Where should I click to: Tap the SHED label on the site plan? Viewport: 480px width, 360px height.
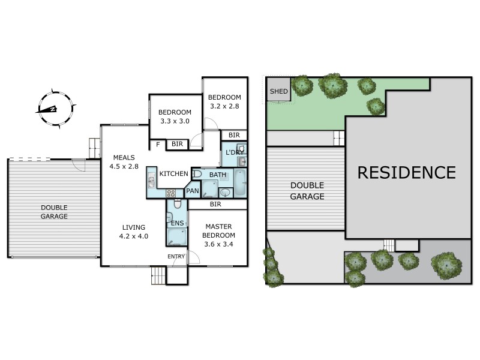tap(278, 92)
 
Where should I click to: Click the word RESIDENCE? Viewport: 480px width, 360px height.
tap(406, 173)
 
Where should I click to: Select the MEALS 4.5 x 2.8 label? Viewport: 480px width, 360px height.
tap(124, 162)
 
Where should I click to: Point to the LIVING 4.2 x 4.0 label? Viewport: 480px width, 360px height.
tap(134, 232)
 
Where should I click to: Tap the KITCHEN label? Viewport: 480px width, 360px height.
tap(173, 174)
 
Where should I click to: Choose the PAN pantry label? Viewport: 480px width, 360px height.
tap(192, 191)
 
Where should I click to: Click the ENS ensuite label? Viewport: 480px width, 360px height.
tap(177, 223)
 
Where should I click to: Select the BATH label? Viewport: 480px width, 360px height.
tap(218, 175)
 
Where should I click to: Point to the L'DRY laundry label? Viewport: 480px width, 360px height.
tap(233, 153)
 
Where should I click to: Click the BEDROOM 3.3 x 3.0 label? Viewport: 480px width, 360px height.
tap(175, 116)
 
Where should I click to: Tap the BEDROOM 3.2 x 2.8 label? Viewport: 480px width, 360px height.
tap(224, 102)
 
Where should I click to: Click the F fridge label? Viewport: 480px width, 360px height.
tap(158, 145)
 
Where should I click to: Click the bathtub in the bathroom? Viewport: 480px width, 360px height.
tap(239, 183)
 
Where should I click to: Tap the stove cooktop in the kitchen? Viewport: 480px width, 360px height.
tap(171, 193)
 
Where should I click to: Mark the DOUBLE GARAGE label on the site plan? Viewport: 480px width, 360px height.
tap(307, 191)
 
